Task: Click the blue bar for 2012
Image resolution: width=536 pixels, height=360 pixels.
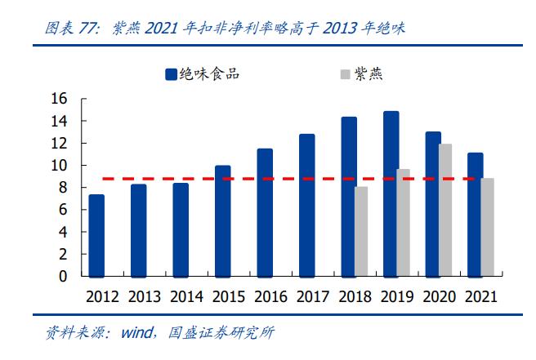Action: [x=96, y=235]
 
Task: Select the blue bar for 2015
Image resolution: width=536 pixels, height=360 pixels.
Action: [x=222, y=220]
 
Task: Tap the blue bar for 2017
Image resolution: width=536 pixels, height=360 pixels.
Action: [x=306, y=205]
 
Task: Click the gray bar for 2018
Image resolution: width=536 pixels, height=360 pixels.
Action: [x=361, y=231]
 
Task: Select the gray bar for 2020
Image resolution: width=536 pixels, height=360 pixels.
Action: [x=445, y=210]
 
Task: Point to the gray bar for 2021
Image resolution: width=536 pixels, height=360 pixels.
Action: [x=487, y=227]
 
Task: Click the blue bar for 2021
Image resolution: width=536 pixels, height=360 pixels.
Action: [x=475, y=214]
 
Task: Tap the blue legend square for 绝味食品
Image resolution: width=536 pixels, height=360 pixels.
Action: [x=172, y=74]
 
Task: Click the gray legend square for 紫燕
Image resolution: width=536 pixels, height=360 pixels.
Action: [x=345, y=74]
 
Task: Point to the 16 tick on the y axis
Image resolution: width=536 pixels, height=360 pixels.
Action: [x=58, y=99]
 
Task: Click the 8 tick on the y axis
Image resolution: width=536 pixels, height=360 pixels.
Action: [x=62, y=188]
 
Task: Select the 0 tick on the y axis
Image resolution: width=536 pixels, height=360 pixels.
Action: [x=62, y=277]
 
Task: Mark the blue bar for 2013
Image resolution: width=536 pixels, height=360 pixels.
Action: [x=138, y=230]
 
